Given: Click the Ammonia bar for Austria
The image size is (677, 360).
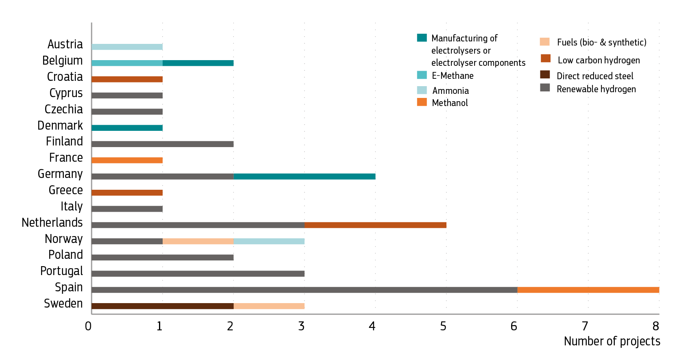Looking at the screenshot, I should click(127, 47).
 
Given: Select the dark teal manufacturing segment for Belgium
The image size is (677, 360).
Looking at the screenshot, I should click(198, 63).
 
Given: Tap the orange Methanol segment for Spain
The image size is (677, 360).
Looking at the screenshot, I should click(588, 290).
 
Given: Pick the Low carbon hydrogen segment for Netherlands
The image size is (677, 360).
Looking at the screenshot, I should click(375, 225).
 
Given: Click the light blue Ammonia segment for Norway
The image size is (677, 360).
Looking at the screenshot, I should click(269, 241).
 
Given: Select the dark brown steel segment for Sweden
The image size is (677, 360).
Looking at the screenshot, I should click(163, 306).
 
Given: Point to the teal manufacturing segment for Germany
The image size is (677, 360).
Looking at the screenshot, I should click(305, 176).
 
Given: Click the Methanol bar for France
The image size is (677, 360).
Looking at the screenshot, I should click(127, 160).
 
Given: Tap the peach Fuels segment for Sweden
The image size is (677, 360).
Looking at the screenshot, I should click(269, 306).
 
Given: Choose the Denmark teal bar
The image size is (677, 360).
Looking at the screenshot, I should click(127, 128).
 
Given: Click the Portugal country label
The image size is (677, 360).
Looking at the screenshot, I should click(61, 271).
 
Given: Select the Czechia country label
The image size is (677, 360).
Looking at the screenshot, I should click(63, 109).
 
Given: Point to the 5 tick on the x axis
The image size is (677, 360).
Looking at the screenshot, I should click(443, 326).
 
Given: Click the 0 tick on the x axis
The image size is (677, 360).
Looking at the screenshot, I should click(88, 326).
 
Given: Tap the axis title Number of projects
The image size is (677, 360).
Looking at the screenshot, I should click(612, 341).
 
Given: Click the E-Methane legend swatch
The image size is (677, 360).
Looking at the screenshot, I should click(422, 75).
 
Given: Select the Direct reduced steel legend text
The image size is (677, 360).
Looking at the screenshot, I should click(595, 76).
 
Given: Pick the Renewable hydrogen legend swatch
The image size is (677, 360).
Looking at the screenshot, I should click(545, 87).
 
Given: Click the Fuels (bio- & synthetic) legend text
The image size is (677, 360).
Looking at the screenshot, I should click(601, 42).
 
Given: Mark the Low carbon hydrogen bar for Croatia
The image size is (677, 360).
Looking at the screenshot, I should click(127, 79).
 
